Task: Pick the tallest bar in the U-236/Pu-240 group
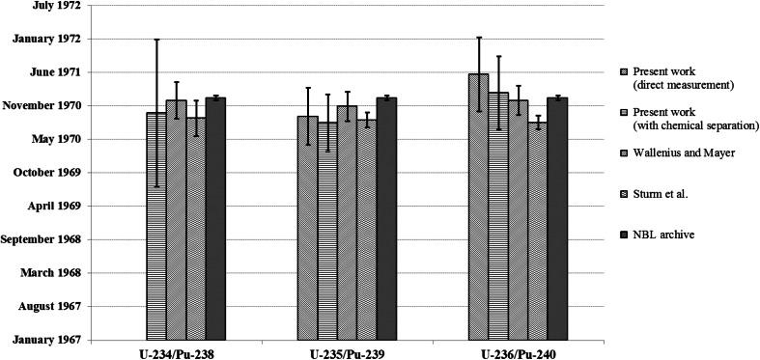coord(478,207)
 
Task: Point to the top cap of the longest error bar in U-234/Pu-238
coord(155,40)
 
